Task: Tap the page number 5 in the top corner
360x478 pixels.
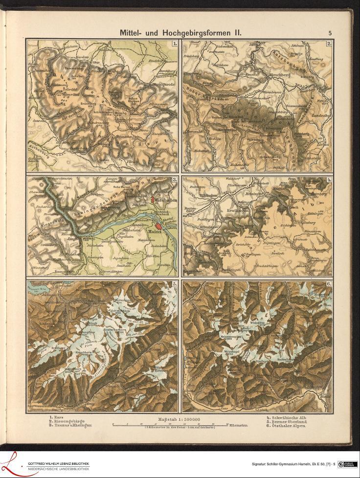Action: [330, 33]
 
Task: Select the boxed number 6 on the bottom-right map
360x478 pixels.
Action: [329, 284]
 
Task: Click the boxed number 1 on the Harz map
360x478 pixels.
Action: [174, 44]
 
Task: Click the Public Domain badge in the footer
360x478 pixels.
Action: [347, 464]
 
